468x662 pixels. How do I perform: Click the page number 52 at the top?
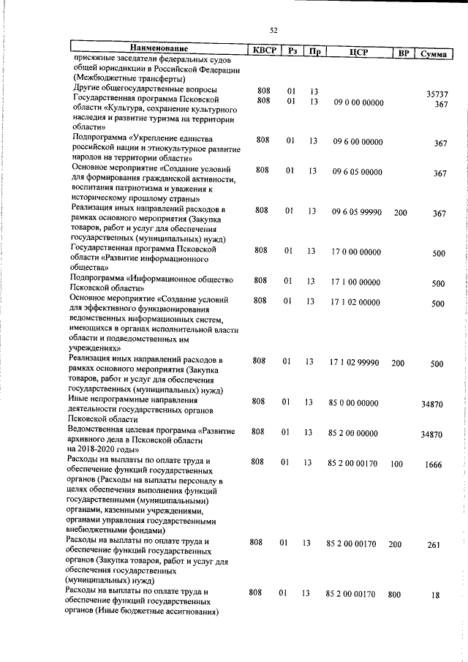273,30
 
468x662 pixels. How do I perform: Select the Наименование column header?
158,49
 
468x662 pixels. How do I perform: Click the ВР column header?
402,53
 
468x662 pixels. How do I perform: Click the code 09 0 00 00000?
357,103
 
